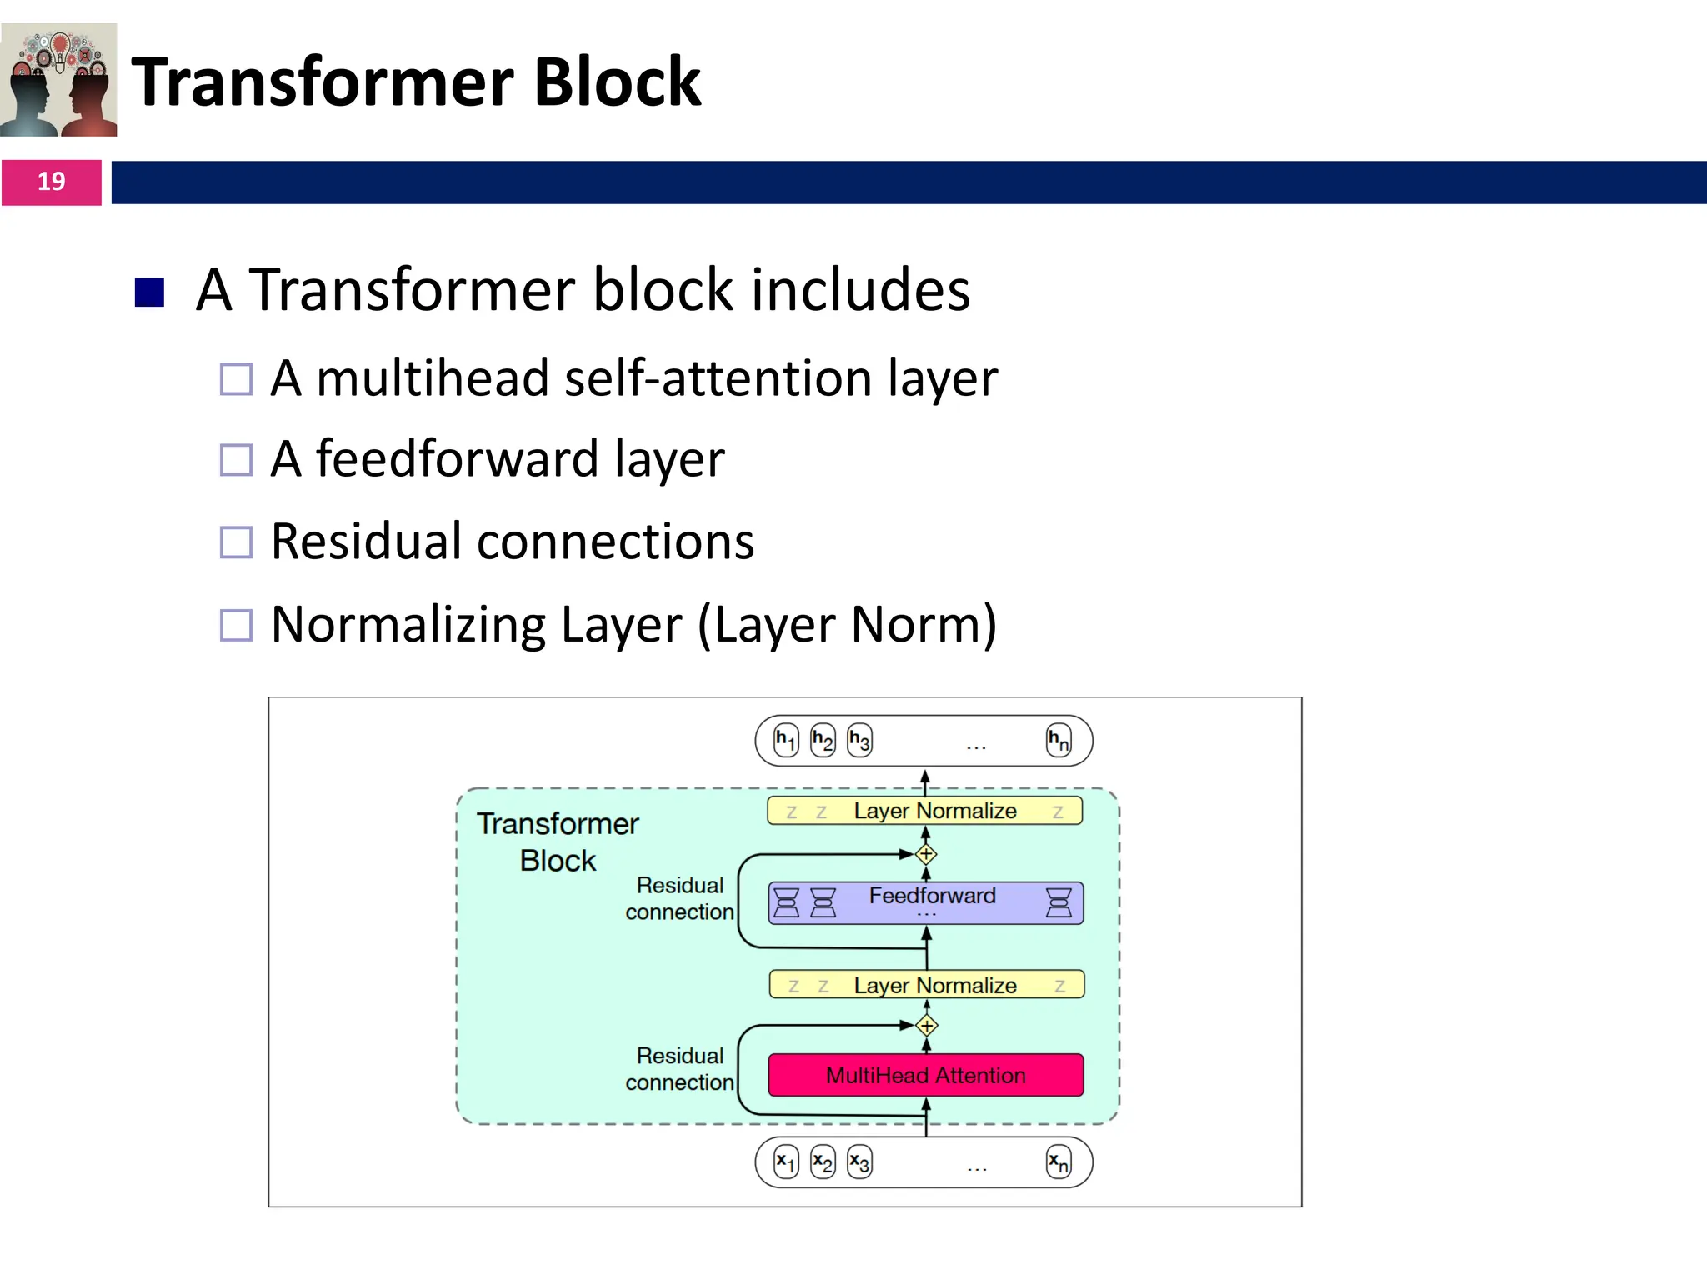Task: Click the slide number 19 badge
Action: point(51,182)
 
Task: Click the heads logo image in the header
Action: point(58,80)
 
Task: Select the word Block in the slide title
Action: point(617,82)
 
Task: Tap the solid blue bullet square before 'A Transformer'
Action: point(149,292)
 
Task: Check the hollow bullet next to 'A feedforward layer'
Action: point(236,459)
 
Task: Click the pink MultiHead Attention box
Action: point(925,1075)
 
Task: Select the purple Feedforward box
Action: point(925,903)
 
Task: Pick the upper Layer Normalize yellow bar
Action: point(925,811)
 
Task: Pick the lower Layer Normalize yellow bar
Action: point(925,985)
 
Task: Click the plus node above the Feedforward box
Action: point(926,854)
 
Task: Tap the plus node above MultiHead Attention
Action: point(926,1026)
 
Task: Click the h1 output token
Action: point(786,740)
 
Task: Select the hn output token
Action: point(1059,740)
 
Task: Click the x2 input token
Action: point(823,1162)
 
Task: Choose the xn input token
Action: point(1059,1162)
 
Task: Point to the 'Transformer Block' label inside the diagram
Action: point(558,842)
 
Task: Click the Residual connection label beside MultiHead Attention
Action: point(679,1069)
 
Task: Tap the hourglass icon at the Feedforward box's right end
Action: point(1059,903)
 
